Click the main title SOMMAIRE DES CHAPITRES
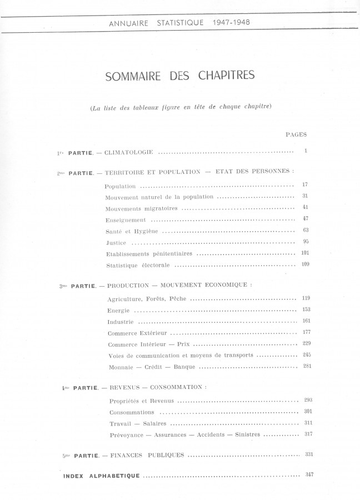pyautogui.click(x=179, y=76)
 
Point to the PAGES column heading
pyautogui.click(x=296, y=134)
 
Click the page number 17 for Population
pyautogui.click(x=305, y=184)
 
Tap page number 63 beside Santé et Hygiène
pyautogui.click(x=306, y=230)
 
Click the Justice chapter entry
pyautogui.click(x=116, y=243)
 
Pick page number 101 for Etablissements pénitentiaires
pyautogui.click(x=305, y=253)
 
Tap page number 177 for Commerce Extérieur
pyautogui.click(x=306, y=332)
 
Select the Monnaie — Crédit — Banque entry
pyautogui.click(x=149, y=367)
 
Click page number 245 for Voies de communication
pyautogui.click(x=307, y=354)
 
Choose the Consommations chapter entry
pyautogui.click(x=132, y=412)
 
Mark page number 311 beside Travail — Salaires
pyautogui.click(x=308, y=423)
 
